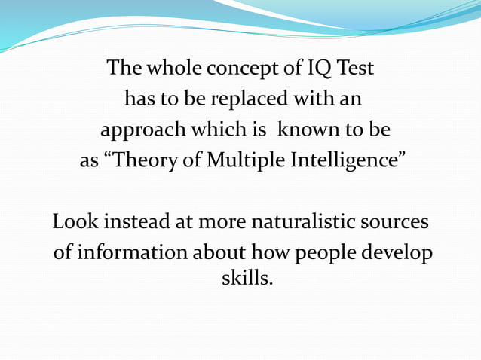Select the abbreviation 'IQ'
tap(315, 69)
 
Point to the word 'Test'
tap(354, 69)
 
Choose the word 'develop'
tap(402, 254)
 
